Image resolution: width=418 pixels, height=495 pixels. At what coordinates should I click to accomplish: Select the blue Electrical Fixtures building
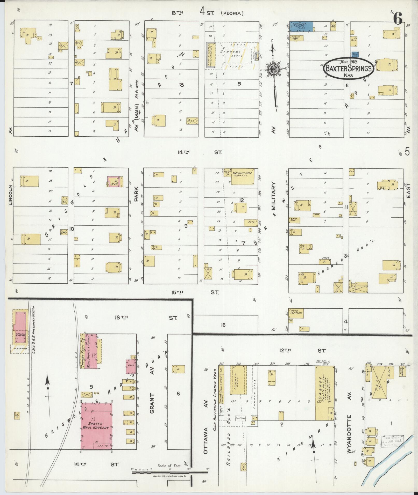301,26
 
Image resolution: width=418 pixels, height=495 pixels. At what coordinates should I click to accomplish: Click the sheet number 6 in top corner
398,18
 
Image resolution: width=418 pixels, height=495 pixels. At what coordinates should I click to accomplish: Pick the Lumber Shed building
238,383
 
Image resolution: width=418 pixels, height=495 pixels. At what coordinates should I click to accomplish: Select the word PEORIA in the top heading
232,13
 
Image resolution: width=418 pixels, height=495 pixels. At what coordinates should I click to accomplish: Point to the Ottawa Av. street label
206,430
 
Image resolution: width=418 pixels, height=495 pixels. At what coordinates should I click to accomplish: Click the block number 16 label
223,325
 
